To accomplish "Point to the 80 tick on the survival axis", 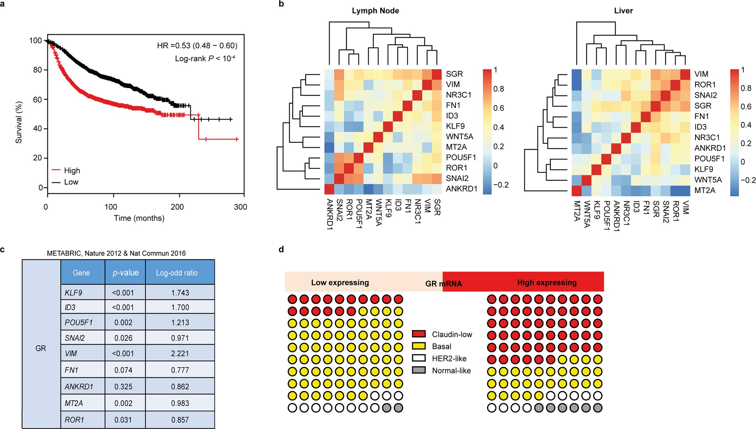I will click(38, 70).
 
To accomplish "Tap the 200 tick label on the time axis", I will click(177, 207).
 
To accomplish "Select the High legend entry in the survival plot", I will click(72, 170).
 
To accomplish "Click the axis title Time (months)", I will click(139, 218).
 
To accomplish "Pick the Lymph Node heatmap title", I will click(375, 11).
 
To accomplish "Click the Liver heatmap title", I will click(623, 11).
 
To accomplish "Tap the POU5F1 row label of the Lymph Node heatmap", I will click(461, 158).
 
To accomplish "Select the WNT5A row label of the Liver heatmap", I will click(708, 180).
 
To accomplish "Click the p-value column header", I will click(125, 273).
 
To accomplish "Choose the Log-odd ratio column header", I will click(177, 273).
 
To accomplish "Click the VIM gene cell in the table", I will click(71, 354).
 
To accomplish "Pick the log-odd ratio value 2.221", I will click(180, 354).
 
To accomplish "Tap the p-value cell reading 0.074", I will click(123, 370).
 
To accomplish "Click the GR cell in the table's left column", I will click(41, 348).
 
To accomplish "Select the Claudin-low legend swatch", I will click(419, 334).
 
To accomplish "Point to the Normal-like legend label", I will click(451, 371).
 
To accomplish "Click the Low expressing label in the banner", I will click(340, 282).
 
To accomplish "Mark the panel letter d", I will click(281, 249).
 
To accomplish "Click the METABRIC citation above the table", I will click(116, 253).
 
